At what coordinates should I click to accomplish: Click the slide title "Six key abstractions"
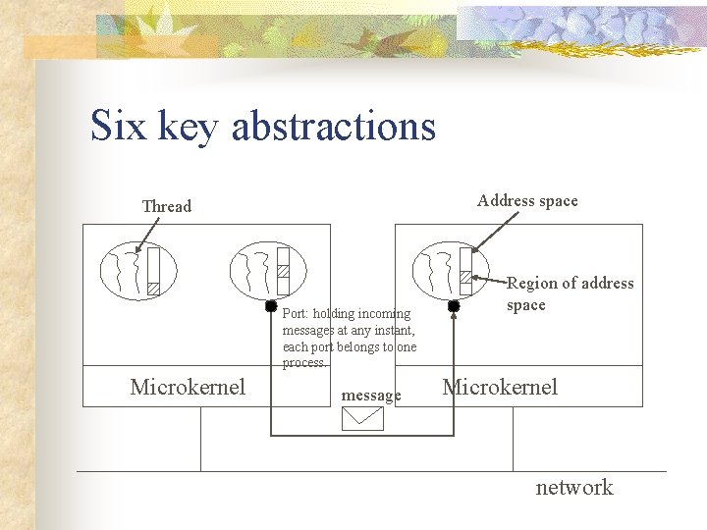tap(262, 127)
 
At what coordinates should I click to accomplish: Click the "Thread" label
tap(167, 206)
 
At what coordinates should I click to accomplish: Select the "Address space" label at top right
tap(527, 200)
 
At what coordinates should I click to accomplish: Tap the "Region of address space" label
tap(570, 293)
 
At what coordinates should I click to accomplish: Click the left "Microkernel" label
tap(188, 387)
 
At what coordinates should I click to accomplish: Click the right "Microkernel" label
tap(500, 387)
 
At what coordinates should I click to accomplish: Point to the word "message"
tap(370, 396)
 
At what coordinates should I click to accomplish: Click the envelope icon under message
tap(362, 419)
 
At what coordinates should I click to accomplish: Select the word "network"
tap(573, 487)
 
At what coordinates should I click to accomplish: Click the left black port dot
tap(271, 306)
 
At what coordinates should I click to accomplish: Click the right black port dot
tap(454, 306)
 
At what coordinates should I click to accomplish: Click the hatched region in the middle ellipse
tap(283, 271)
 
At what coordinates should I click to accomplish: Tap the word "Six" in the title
tap(117, 127)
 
